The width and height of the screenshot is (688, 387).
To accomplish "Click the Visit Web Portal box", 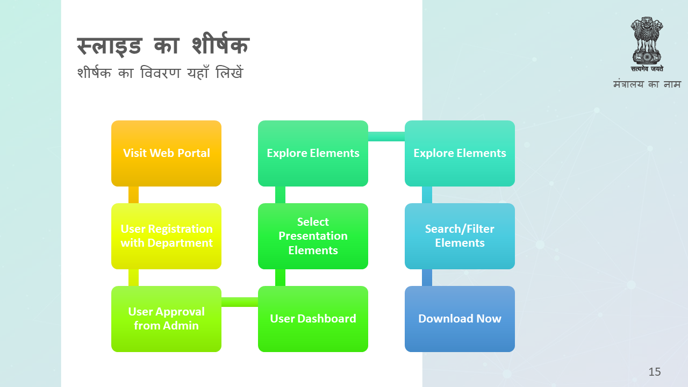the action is [x=166, y=153].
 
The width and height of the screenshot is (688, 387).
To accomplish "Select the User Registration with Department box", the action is [x=166, y=236].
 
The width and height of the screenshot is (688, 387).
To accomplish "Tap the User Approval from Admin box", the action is [x=166, y=319].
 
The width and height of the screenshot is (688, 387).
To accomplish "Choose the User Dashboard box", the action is [x=313, y=319].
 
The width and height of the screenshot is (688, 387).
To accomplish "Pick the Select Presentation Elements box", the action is [x=313, y=236].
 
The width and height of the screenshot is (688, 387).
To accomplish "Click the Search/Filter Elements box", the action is [x=460, y=236].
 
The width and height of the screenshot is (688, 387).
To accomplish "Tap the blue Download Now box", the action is [x=460, y=319].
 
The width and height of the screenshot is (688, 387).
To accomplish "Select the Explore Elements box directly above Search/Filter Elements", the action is [x=460, y=153].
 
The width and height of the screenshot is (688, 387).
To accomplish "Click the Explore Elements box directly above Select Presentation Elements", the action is [x=313, y=153].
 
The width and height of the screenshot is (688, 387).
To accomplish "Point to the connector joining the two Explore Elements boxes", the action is [x=386, y=137].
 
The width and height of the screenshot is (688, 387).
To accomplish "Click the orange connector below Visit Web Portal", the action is [x=134, y=195].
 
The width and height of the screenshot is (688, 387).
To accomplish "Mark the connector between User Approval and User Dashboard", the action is [x=240, y=302].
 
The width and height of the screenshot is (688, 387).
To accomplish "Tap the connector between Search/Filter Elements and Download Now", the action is [x=427, y=278].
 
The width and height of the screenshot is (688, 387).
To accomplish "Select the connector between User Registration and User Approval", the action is [x=134, y=278].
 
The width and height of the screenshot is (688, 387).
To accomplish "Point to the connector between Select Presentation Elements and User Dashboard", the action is [x=280, y=278].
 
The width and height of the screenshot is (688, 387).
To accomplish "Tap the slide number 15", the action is [x=655, y=372].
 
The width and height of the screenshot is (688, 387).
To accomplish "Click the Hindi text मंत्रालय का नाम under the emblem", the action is [x=647, y=84].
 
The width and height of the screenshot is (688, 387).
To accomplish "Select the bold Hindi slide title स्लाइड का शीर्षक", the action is [x=163, y=45].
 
